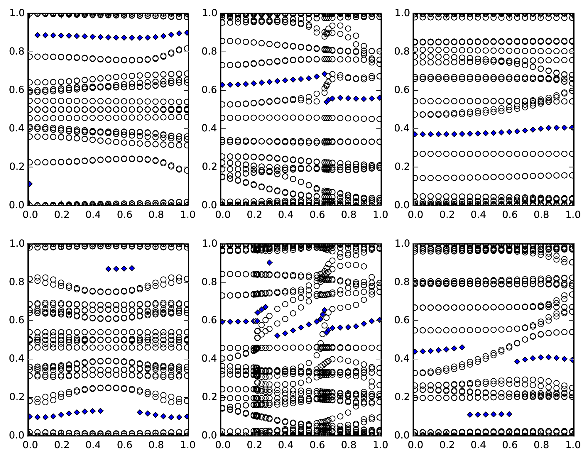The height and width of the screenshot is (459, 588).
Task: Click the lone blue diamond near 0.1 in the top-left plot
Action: click(30, 184)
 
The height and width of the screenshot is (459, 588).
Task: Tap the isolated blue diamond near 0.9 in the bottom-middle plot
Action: click(269, 262)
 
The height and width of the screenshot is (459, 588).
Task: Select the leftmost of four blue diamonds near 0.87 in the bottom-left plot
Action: click(108, 269)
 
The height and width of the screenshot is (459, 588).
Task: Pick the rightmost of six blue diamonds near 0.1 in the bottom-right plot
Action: click(509, 414)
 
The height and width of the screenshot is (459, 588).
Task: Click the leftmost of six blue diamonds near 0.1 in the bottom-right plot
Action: click(470, 415)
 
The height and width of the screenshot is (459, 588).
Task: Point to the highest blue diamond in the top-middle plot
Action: click(324, 74)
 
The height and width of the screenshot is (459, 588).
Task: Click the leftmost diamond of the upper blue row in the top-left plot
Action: click(37, 35)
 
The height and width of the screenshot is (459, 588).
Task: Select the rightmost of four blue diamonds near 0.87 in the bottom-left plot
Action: click(132, 268)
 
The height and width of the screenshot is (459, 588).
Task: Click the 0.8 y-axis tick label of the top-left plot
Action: click(17, 52)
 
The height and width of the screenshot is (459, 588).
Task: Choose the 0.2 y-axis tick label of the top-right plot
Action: click(402, 167)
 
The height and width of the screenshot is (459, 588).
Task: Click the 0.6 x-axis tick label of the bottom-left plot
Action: click(124, 445)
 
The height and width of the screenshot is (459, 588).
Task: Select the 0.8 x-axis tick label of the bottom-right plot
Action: click(541, 445)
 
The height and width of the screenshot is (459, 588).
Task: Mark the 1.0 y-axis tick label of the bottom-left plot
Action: click(17, 244)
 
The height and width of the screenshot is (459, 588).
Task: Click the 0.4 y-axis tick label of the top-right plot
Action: click(402, 129)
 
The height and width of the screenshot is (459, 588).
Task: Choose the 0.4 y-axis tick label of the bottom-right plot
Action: click(402, 359)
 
